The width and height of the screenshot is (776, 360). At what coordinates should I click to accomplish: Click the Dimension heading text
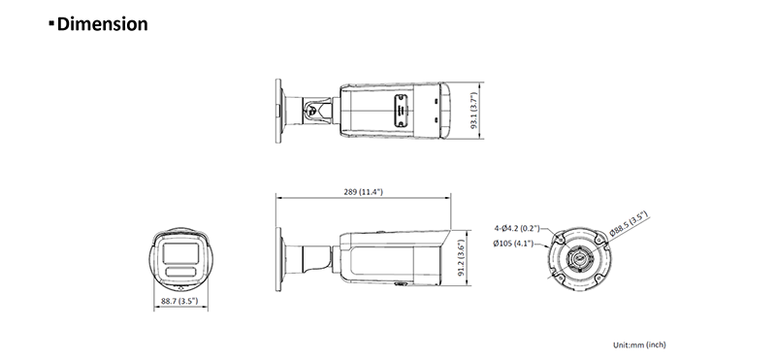(103, 23)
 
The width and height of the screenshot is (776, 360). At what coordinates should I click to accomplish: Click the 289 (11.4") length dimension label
(363, 191)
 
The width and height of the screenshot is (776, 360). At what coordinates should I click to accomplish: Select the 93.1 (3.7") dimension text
(474, 111)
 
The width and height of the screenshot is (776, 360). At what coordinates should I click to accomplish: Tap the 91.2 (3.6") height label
(461, 258)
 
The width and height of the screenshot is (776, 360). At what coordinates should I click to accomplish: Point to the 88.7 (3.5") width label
(179, 301)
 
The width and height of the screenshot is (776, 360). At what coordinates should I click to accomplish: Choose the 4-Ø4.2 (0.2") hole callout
(517, 228)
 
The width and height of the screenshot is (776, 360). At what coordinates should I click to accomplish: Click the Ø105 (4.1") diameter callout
(513, 244)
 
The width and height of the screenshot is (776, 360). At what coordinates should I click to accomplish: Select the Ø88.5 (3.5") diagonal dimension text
(629, 223)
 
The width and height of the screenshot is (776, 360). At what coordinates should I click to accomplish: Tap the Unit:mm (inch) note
(639, 344)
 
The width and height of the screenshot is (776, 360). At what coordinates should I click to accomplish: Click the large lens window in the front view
(180, 253)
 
